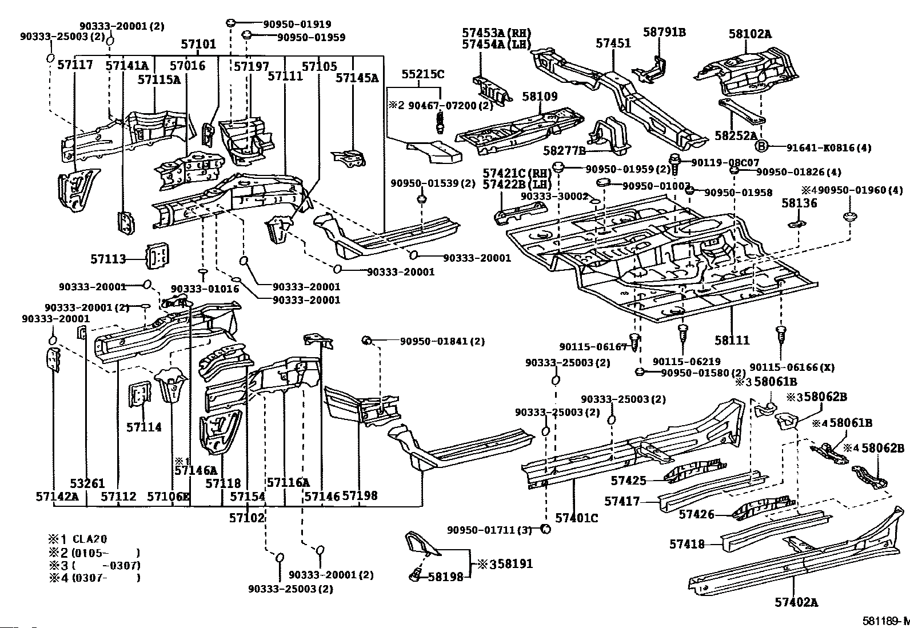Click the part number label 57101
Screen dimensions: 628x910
[199, 44]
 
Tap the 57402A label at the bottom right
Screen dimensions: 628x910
[796, 602]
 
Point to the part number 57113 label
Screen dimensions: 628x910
[108, 259]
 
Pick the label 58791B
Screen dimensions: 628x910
[664, 33]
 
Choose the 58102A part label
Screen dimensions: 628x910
[749, 34]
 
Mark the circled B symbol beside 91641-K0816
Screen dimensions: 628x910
[761, 147]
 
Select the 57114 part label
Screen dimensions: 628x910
[144, 427]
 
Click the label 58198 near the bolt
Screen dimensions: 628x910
[445, 577]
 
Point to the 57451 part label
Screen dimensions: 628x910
[613, 43]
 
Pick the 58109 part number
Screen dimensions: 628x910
[539, 97]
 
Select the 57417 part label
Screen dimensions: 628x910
[622, 501]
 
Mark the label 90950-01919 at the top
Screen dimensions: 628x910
[297, 25]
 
